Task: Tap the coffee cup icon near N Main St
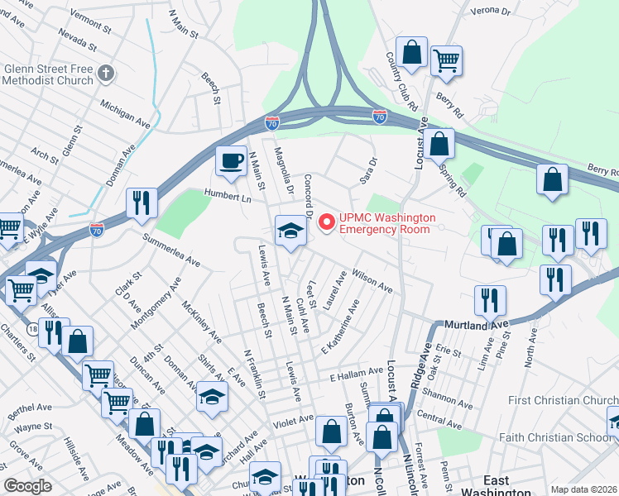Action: (232, 160)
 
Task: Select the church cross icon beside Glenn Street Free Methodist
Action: (105, 74)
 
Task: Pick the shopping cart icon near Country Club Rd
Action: (446, 60)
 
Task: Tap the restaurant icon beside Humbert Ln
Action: (141, 203)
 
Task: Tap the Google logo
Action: (27, 487)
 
